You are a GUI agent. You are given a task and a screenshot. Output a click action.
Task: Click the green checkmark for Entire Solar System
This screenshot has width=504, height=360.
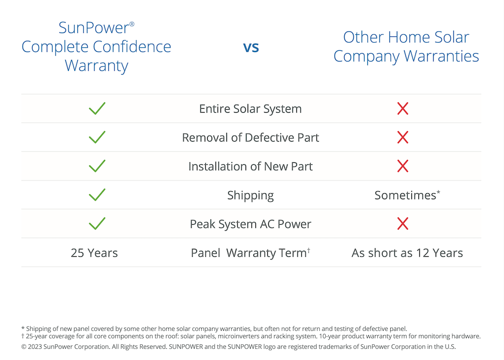[x=97, y=109]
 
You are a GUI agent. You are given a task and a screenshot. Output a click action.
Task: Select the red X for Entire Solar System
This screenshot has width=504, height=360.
[x=403, y=109]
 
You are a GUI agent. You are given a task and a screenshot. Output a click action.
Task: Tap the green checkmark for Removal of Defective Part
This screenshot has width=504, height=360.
[x=97, y=137]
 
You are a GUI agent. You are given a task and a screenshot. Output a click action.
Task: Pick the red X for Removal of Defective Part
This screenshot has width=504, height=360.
[x=403, y=137]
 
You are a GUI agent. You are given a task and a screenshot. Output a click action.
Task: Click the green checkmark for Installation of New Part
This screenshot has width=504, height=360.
[x=97, y=166]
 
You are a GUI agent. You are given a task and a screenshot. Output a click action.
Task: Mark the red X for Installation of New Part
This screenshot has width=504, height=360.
[x=403, y=166]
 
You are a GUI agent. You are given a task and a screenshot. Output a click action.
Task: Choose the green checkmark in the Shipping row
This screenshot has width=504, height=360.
[x=97, y=195]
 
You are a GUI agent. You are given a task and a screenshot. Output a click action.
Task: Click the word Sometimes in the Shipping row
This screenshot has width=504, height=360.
[x=406, y=195]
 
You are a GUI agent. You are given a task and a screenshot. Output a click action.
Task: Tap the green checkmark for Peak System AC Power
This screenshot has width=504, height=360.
[x=97, y=223]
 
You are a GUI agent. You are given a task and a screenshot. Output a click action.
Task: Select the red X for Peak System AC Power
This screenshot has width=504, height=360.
[x=403, y=223]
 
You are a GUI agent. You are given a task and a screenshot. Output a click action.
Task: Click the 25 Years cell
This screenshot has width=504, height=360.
[x=94, y=253]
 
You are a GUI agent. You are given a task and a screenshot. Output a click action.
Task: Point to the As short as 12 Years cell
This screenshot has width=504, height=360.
[x=407, y=253]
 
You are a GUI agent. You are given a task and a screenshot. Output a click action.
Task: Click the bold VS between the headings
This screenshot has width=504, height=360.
[x=251, y=48]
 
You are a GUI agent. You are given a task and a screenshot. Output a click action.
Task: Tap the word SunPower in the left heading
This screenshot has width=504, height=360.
[x=94, y=28]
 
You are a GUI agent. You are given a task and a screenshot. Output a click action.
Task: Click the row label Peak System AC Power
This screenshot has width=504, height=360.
[x=251, y=224]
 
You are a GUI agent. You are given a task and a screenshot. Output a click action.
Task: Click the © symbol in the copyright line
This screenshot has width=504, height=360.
[x=24, y=347]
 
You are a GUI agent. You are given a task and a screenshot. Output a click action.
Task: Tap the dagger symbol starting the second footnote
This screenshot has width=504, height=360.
[x=23, y=336]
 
